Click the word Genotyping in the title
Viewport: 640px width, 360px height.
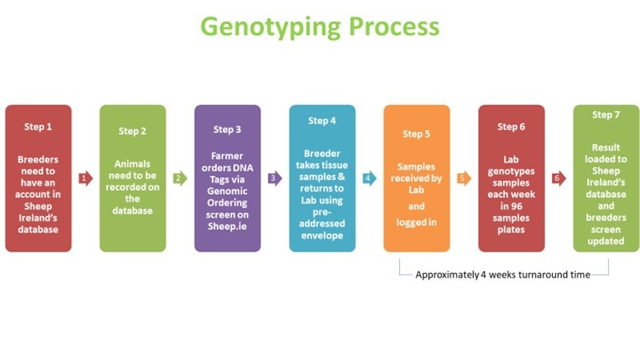click(270, 28)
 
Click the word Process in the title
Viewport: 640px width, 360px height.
click(394, 26)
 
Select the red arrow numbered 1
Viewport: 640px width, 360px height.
click(85, 178)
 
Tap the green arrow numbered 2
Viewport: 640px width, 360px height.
click(180, 178)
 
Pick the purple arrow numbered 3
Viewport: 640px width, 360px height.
click(274, 178)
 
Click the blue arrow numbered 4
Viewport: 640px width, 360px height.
click(370, 178)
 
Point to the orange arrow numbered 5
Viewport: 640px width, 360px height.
click(464, 178)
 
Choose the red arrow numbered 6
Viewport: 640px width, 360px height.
click(559, 178)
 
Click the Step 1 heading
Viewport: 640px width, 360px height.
click(38, 127)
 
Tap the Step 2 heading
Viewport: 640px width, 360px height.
click(132, 132)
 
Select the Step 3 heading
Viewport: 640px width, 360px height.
click(228, 130)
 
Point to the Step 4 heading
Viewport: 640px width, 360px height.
click(322, 121)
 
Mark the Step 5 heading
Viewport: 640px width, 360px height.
click(417, 134)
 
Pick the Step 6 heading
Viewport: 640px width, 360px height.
click(511, 127)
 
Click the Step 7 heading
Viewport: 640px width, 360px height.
click(605, 115)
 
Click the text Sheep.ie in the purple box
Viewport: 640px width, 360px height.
click(228, 227)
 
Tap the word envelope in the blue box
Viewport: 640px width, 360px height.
click(322, 236)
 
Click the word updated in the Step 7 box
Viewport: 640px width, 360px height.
click(605, 241)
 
